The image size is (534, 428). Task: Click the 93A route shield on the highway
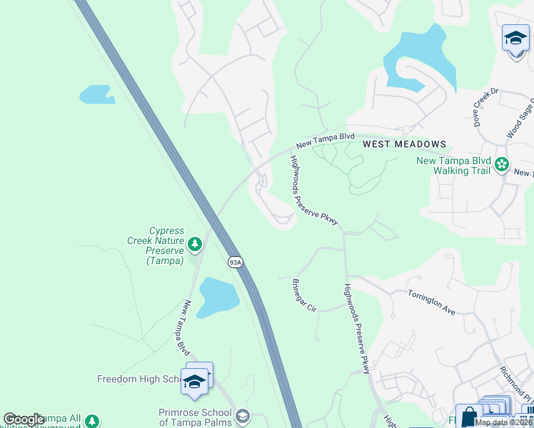pos(236,263)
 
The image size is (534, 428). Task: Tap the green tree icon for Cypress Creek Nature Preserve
pos(194,245)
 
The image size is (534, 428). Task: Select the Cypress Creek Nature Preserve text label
pos(166,245)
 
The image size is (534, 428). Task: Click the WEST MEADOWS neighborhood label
pos(404,144)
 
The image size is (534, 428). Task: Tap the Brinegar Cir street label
pos(304,295)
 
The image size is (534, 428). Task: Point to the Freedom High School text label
pos(139,379)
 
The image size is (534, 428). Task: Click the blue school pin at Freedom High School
pos(194,382)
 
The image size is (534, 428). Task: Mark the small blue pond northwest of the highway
pos(96,94)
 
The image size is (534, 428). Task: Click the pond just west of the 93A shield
pos(217,296)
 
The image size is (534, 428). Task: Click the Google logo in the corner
pos(24,419)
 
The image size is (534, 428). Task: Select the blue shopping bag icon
pos(468,417)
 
